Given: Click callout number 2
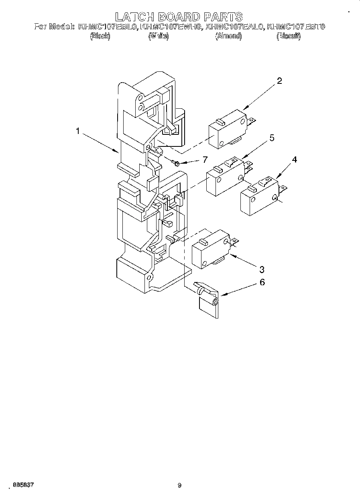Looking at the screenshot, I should [279, 81].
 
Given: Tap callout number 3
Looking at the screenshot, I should [261, 269].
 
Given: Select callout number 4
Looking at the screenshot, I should [294, 159].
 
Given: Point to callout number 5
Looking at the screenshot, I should [272, 138].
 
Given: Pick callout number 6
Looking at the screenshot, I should [262, 282].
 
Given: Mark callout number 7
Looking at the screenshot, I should [205, 160].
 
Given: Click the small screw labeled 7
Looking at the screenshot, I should [175, 162].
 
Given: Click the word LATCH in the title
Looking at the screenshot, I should [135, 16].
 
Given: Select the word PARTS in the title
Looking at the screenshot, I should [223, 16].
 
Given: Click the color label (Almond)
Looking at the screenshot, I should [228, 36].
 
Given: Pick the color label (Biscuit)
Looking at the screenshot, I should [289, 36].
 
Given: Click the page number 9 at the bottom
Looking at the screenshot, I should [179, 485].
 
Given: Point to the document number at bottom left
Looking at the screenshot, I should [23, 485].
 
